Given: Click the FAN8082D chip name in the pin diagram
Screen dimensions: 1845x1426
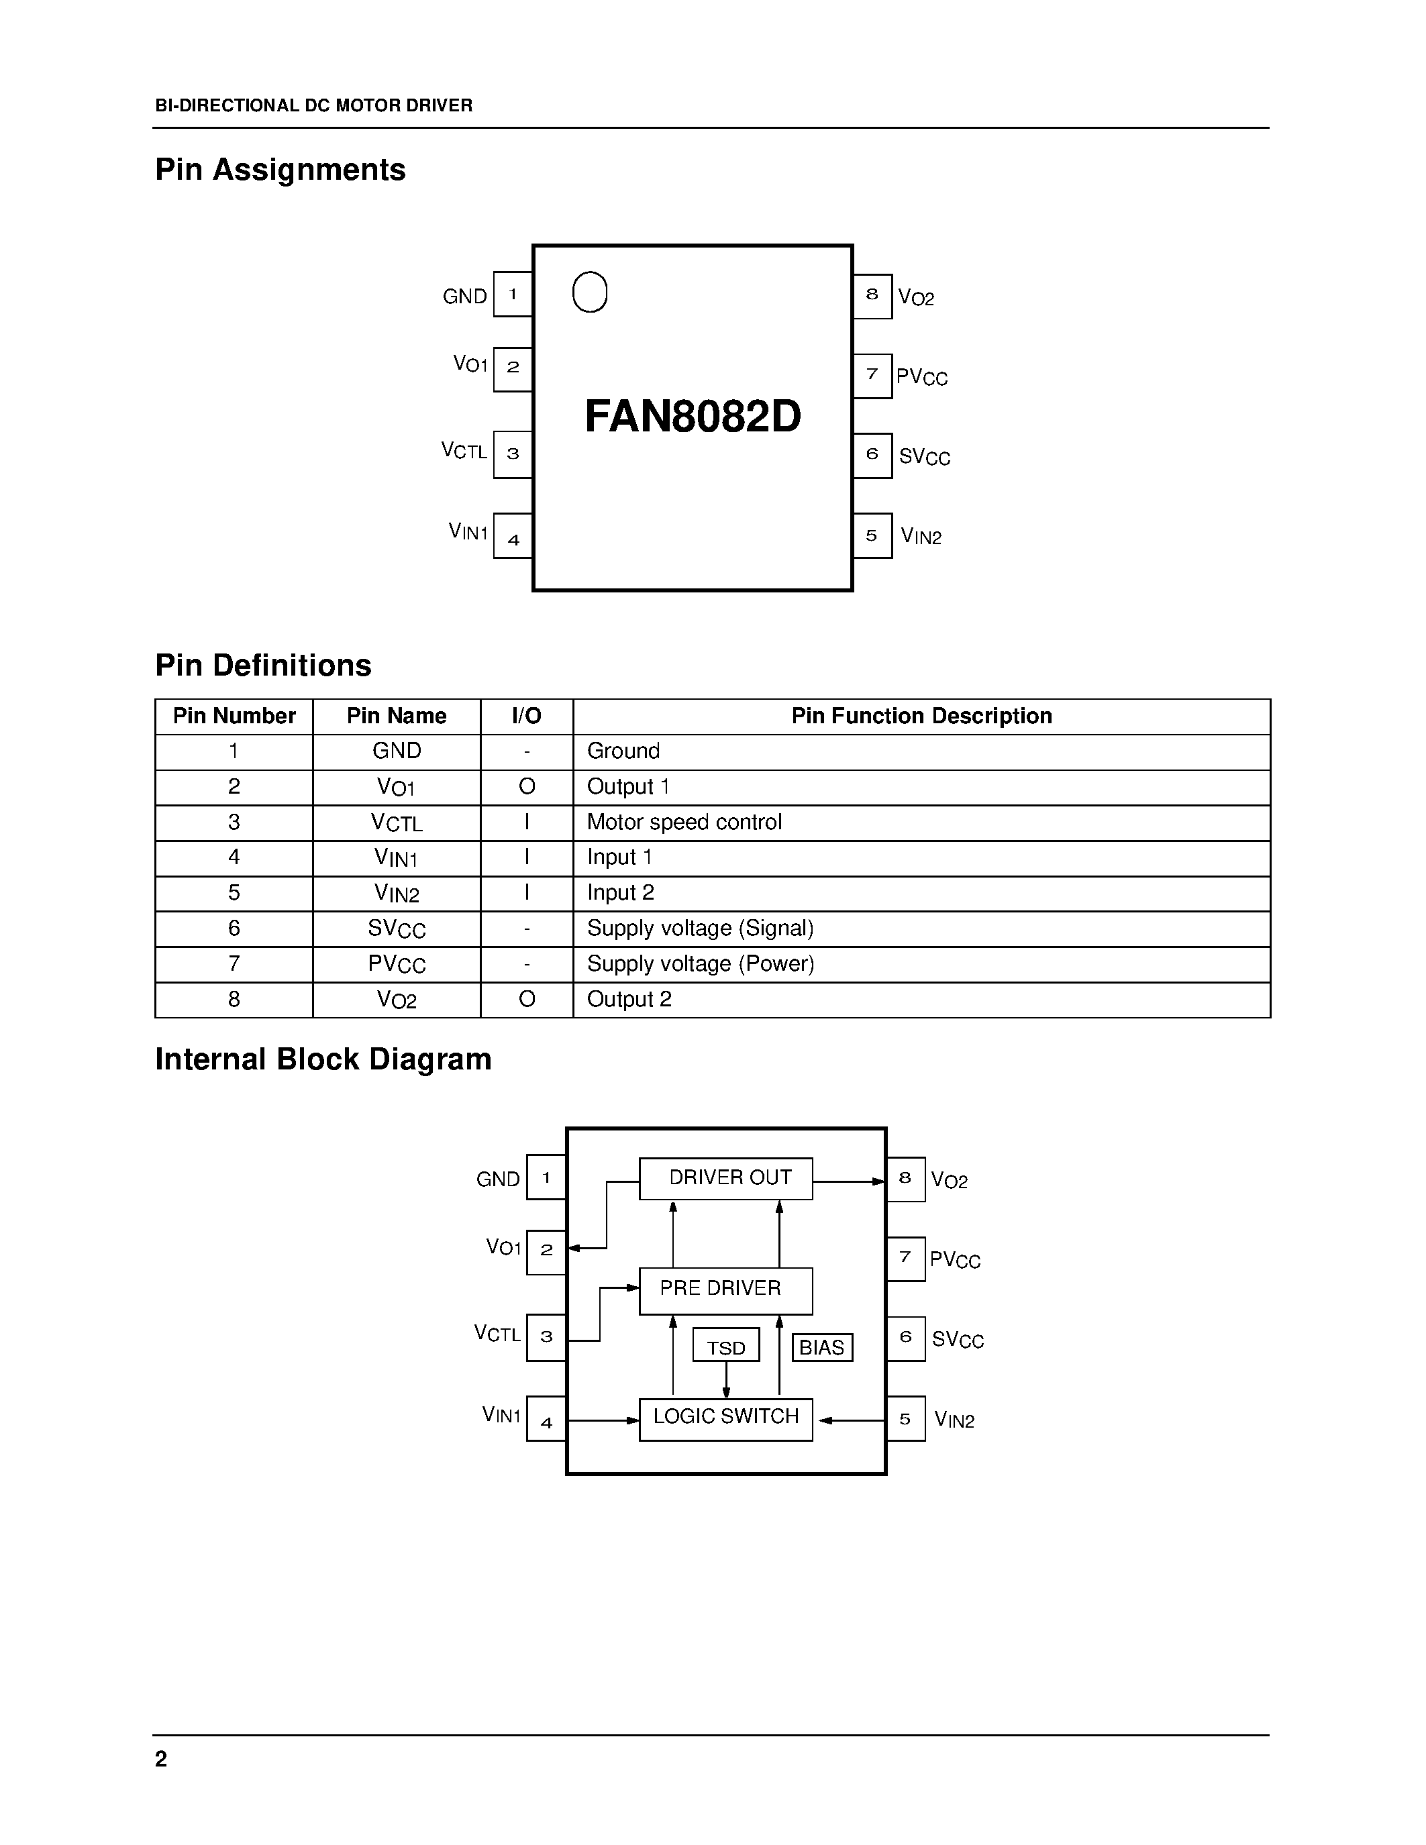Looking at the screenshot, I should coord(693,417).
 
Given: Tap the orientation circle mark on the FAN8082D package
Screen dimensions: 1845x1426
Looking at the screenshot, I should coord(590,293).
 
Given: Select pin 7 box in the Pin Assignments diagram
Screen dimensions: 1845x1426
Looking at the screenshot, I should coord(872,375).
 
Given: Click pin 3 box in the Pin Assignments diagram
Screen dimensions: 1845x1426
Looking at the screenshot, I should coord(513,454).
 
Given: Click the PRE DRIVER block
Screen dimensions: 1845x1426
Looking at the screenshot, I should coord(725,1290).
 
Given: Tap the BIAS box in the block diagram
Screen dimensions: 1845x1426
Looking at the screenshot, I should coord(822,1347).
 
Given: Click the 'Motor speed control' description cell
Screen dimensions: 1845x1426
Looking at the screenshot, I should coord(684,822).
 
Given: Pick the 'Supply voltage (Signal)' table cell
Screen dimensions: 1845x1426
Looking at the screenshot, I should coord(699,929).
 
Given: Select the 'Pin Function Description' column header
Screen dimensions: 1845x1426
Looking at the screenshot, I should coord(921,717).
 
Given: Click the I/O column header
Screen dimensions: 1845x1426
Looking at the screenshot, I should coord(526,717).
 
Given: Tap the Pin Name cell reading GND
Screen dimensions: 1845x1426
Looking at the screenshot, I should coord(396,751).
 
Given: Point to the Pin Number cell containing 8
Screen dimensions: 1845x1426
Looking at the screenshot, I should coord(234,1000).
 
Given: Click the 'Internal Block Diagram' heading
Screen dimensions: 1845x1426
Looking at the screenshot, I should coord(323,1059).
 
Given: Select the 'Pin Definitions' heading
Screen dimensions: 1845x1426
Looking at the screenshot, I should coord(263,666).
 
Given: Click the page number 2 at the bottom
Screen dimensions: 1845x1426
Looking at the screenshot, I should coord(161,1759).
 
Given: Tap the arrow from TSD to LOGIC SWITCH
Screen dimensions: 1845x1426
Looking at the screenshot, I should coord(725,1379).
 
